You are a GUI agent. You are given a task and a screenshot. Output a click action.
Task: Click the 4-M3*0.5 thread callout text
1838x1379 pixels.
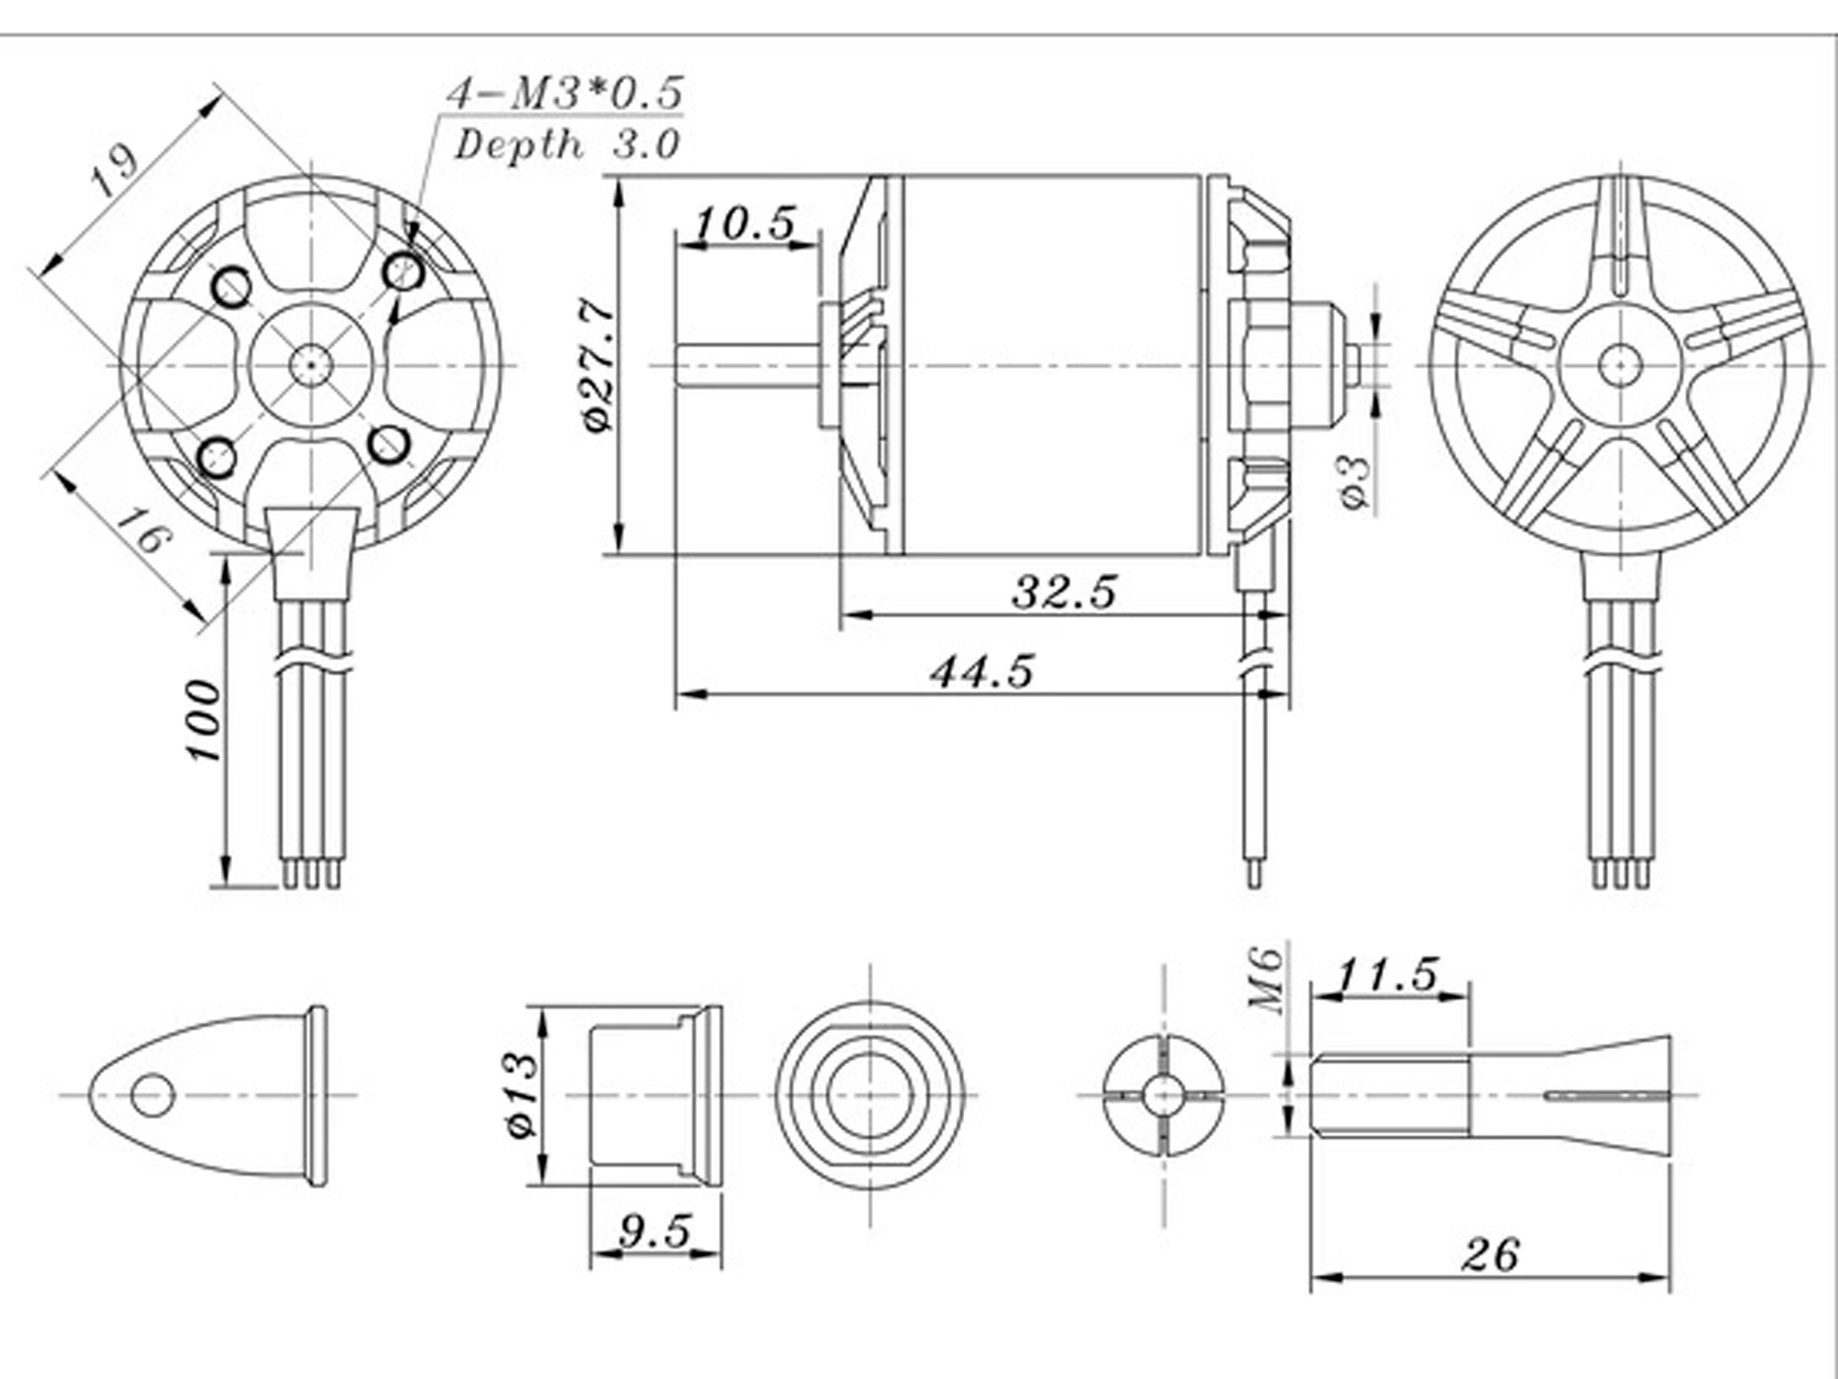click(565, 94)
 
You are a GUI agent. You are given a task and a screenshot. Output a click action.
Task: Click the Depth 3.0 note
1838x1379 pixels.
click(567, 145)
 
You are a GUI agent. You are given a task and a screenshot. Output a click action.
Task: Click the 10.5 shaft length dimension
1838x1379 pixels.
click(744, 224)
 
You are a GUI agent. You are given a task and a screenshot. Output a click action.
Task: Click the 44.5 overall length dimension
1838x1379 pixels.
click(982, 671)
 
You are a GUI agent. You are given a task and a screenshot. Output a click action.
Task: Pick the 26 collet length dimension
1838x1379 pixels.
click(1491, 1255)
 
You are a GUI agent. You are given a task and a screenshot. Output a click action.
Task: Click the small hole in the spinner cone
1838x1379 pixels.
click(154, 1094)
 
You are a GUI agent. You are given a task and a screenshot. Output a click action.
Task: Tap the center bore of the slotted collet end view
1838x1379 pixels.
click(1163, 1095)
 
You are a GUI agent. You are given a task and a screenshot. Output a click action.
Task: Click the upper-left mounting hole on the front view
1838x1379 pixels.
click(232, 287)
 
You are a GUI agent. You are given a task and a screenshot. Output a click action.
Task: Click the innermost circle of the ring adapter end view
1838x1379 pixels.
click(871, 1096)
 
